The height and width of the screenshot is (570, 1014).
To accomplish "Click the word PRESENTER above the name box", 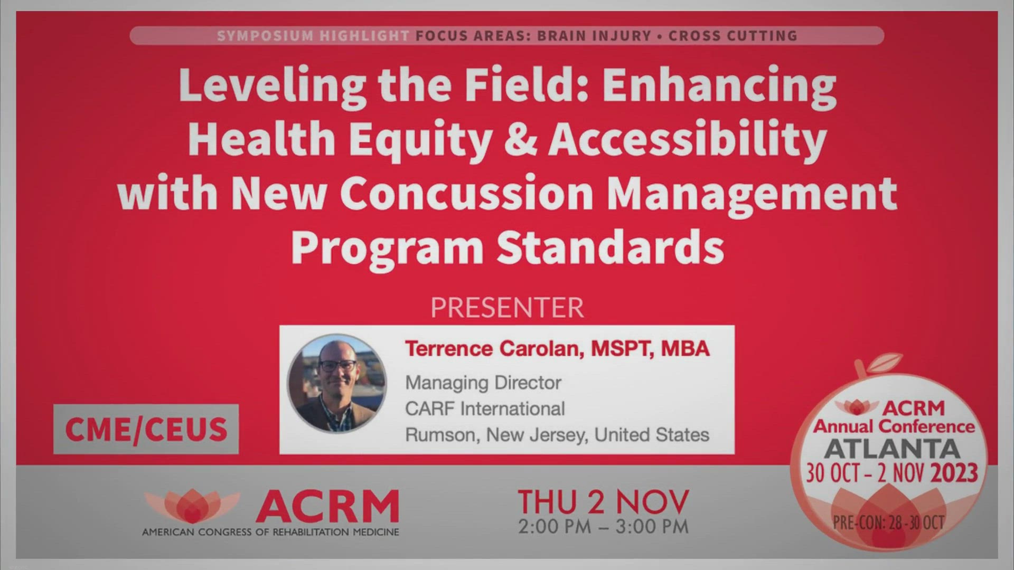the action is [507, 308].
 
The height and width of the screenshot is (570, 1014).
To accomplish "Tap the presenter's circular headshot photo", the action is [337, 384].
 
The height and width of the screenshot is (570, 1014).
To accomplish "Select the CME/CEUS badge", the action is [146, 429].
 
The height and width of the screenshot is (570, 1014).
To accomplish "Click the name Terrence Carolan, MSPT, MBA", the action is [557, 349].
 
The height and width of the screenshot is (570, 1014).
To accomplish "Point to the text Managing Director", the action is [483, 383].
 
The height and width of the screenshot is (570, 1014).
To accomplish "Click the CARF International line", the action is [485, 408].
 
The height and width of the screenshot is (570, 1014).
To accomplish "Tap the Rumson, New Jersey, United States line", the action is [557, 435].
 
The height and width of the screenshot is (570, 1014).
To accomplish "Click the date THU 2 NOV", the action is [603, 501].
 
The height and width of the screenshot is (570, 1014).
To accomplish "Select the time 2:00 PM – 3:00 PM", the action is [603, 526].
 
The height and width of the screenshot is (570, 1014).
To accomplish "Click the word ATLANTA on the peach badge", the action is [892, 449].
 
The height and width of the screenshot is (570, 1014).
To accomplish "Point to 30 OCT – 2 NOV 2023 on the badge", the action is [892, 473].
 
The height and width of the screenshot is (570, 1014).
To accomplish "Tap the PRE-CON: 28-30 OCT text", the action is [888, 522].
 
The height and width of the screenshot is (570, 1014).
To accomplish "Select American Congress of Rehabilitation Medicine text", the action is [270, 532].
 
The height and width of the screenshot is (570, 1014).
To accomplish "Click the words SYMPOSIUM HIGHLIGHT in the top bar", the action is [313, 36].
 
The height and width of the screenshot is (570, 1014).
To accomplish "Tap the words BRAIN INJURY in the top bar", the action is [594, 36].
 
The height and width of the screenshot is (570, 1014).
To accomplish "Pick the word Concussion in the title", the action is [470, 193].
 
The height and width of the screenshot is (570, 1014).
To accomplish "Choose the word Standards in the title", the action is [610, 247].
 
